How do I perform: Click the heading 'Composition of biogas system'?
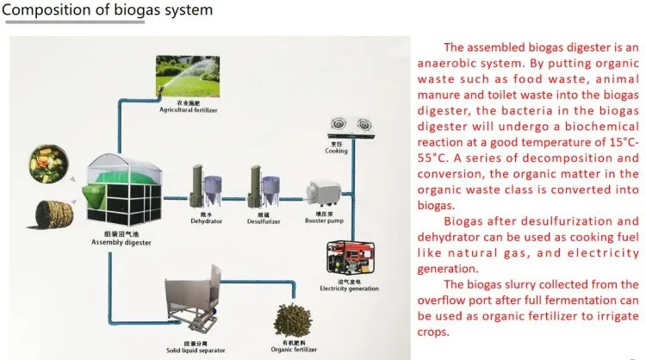tap(108, 12)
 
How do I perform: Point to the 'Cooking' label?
tap(337, 150)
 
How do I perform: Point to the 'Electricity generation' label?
tap(348, 288)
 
